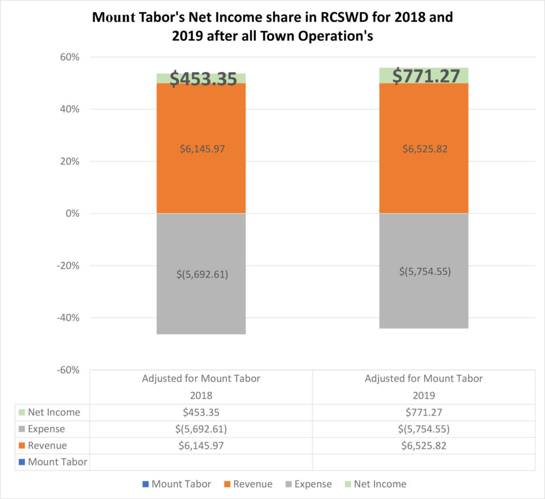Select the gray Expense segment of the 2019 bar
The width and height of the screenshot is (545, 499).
(x=423, y=300)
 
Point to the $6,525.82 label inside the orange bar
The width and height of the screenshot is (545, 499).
(x=423, y=149)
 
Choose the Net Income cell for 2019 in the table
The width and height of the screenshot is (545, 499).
(x=423, y=413)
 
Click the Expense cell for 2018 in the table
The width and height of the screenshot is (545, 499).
(x=201, y=429)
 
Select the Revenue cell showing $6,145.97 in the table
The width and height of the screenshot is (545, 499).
(x=201, y=445)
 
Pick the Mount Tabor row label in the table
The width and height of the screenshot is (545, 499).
(x=58, y=462)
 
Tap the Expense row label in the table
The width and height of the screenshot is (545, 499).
(x=46, y=429)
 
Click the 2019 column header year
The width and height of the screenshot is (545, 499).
(x=423, y=396)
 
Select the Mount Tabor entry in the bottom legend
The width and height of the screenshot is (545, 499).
(x=181, y=485)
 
